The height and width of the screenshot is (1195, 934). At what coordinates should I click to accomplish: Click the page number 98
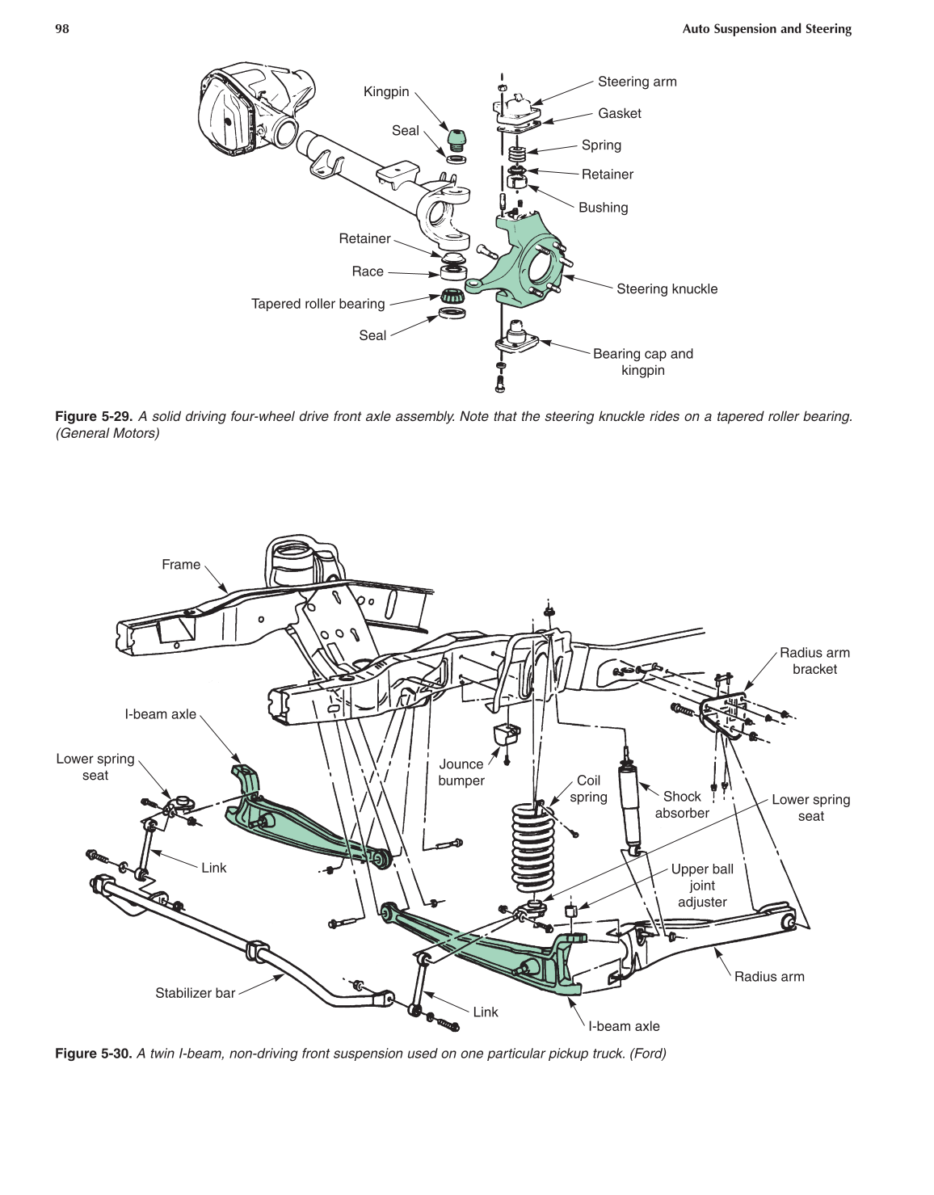(62, 29)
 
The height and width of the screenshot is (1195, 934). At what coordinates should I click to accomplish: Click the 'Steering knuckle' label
(667, 289)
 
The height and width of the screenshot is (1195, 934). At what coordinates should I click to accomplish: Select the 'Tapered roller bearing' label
(318, 304)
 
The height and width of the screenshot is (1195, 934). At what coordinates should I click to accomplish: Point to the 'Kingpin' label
(386, 92)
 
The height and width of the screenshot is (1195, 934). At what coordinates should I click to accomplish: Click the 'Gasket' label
(620, 114)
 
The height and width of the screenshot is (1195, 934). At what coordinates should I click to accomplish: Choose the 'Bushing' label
(603, 208)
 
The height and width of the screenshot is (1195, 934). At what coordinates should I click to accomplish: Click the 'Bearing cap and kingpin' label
(642, 362)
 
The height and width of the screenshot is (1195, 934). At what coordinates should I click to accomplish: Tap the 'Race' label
(368, 271)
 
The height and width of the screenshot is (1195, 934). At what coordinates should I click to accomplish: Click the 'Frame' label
(181, 565)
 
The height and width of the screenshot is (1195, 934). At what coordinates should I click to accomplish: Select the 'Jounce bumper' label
(461, 772)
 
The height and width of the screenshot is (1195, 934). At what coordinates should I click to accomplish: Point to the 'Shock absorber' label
(682, 805)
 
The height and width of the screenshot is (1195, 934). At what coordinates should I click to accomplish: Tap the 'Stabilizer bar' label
(195, 993)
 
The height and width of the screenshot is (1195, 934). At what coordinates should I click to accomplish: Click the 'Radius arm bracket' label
(814, 661)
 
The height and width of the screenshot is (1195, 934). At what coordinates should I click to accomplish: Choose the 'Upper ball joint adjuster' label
(702, 886)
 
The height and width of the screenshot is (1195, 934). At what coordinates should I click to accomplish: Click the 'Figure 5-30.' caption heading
(93, 1054)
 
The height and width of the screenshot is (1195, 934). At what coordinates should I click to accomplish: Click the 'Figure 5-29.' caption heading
(93, 417)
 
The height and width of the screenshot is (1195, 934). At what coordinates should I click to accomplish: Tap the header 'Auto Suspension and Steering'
(767, 29)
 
